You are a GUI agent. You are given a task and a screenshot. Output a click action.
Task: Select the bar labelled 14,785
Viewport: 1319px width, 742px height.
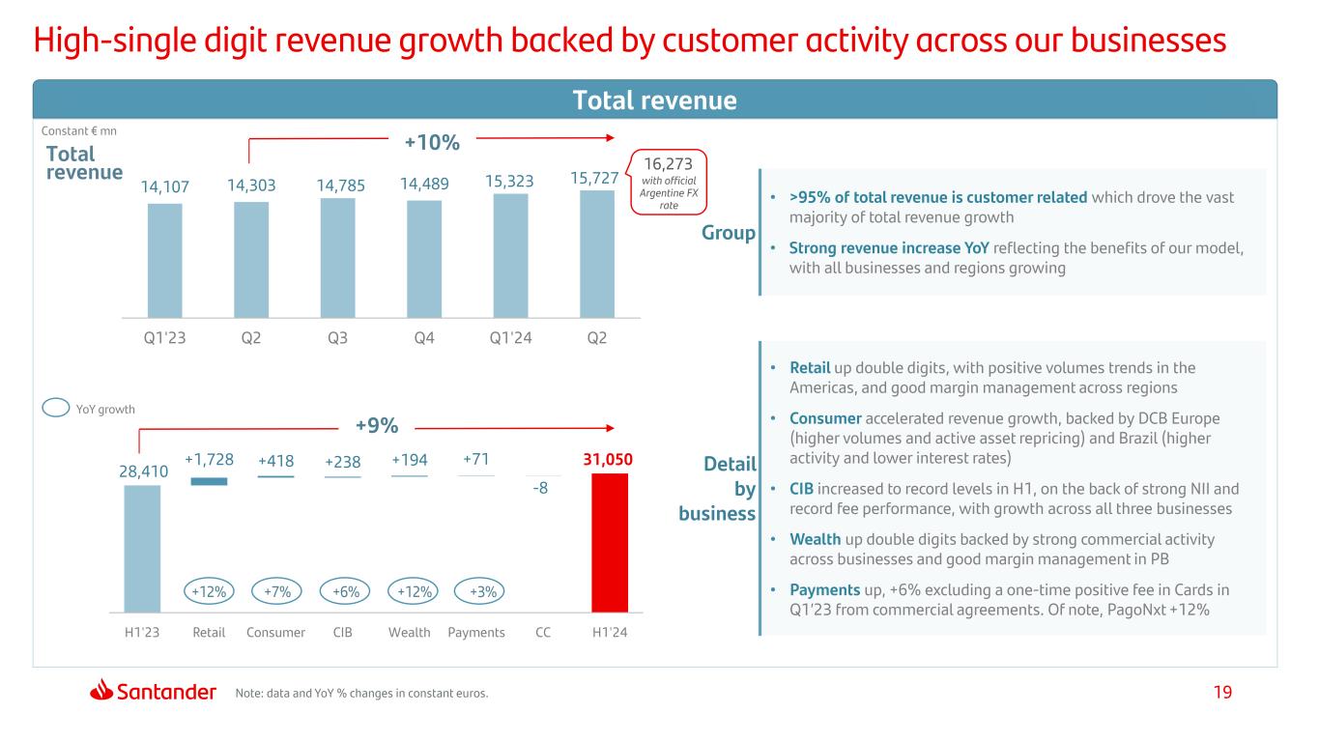click(337, 257)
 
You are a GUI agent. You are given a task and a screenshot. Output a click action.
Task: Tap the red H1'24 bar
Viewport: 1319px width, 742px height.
click(610, 542)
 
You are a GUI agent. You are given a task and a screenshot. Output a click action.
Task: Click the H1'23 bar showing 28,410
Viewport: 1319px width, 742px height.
click(142, 548)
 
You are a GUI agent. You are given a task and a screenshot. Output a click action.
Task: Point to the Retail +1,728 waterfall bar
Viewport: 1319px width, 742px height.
click(209, 481)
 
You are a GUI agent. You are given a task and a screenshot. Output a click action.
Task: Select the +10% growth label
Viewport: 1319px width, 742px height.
click(431, 143)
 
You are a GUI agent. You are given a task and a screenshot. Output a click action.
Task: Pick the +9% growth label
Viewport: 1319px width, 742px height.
click(377, 425)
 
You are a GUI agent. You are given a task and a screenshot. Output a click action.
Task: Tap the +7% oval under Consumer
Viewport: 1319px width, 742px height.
click(276, 591)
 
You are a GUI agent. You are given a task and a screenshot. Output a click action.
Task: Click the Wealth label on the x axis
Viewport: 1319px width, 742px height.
click(409, 633)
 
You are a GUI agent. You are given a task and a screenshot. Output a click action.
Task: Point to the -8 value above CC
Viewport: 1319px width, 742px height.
click(541, 488)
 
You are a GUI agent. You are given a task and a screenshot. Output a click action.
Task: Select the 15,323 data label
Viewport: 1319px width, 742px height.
click(510, 182)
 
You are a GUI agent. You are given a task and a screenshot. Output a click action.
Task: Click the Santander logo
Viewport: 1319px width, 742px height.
click(154, 691)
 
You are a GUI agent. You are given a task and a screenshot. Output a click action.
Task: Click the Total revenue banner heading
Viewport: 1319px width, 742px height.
click(655, 100)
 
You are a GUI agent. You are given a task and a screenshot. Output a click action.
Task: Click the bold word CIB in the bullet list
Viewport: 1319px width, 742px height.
click(802, 488)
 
